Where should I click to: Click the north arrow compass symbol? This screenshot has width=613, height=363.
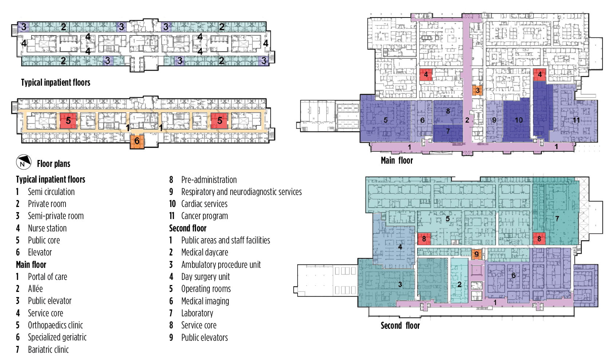(24, 162)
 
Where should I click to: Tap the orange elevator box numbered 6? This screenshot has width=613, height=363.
(137, 141)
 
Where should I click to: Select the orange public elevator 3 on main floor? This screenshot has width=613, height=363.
(477, 90)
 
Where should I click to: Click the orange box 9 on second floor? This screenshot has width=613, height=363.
(476, 254)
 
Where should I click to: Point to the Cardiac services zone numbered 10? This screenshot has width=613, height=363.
(518, 120)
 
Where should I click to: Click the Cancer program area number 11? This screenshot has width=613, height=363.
(576, 120)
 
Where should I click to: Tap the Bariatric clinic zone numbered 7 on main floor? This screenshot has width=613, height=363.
(448, 131)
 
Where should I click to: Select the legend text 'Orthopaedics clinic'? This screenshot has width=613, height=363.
(55, 325)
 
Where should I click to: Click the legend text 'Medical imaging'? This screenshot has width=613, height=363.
(205, 301)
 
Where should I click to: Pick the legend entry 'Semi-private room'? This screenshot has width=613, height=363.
(56, 216)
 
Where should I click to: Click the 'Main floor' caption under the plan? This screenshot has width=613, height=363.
(397, 160)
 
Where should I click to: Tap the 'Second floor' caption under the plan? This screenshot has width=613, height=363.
(400, 325)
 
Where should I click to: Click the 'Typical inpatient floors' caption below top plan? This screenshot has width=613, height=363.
(55, 82)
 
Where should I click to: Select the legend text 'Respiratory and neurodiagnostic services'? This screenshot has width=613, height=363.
(241, 192)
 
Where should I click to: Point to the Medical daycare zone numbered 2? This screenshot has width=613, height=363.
(459, 284)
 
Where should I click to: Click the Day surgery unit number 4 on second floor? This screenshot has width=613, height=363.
(400, 247)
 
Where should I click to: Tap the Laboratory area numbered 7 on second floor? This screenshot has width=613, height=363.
(557, 219)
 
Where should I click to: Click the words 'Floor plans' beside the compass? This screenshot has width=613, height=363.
(54, 164)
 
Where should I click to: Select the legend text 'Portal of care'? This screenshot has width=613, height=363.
(47, 277)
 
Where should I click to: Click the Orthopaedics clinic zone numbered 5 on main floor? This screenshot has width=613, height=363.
(385, 120)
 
